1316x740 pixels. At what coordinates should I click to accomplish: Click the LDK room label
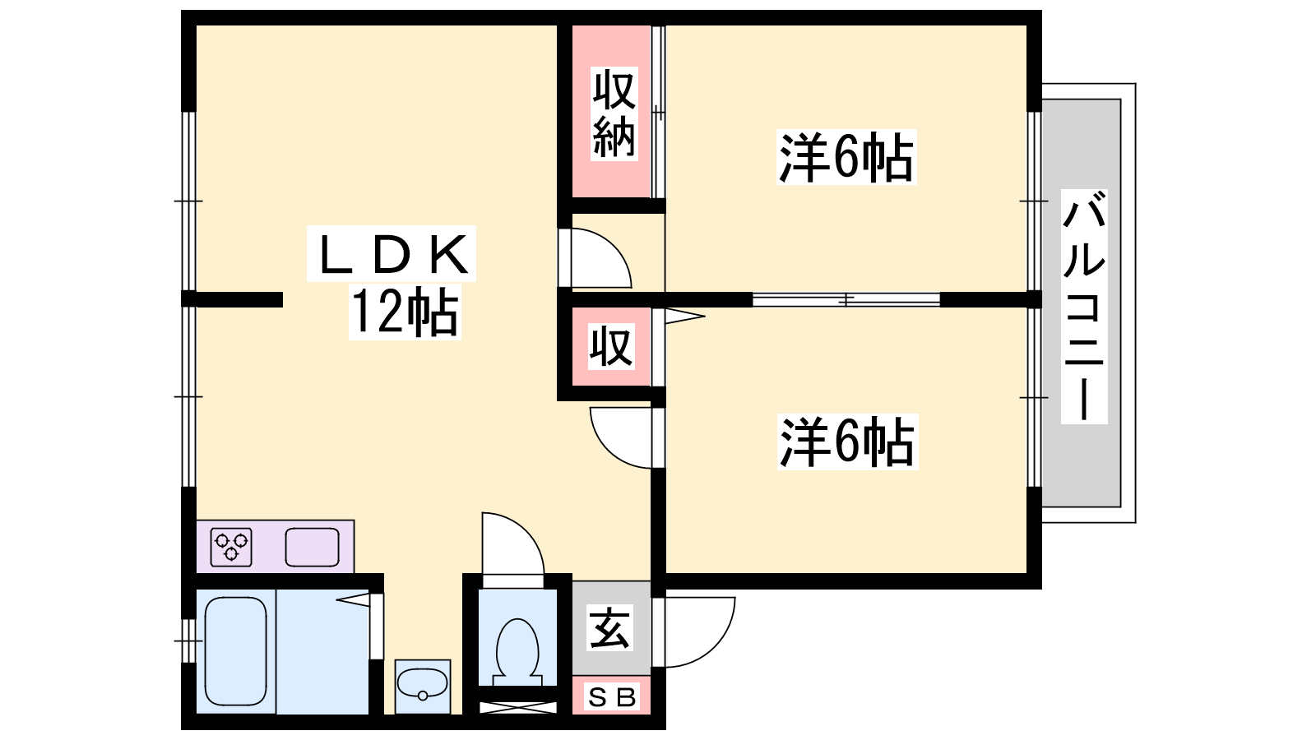pos(392,254)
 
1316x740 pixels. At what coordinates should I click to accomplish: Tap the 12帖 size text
pos(405,312)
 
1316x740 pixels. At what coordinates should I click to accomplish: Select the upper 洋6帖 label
pos(846,157)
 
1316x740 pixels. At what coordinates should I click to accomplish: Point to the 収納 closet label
pos(614,114)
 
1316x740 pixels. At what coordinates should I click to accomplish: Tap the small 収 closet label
pos(612,346)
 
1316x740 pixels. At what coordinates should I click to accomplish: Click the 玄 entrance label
pos(610,627)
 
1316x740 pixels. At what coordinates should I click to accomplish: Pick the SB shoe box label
pos(612,697)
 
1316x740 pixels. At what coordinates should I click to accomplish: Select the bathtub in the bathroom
pos(235,651)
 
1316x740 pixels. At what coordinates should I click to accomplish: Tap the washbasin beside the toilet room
pos(423,686)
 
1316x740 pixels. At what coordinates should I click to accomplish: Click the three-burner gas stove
pos(231,547)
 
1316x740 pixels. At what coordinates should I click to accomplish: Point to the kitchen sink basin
pos(312,547)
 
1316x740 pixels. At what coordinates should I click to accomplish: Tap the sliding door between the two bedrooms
pos(846,299)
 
